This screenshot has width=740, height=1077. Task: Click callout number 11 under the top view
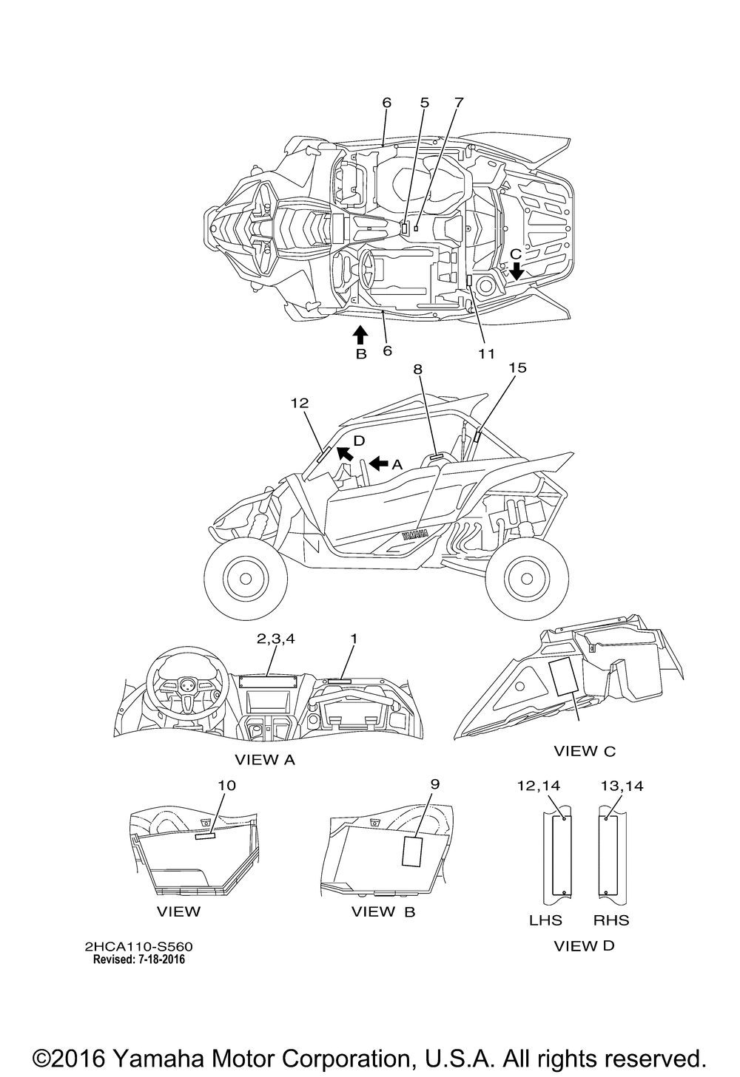coord(485,354)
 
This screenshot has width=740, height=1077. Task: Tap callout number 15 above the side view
coord(517,367)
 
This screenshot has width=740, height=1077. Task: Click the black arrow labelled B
coord(360,336)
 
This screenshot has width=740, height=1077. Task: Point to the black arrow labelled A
coord(378,463)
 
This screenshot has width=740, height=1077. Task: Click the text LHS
coord(545,920)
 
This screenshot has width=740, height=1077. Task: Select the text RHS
coord(611,920)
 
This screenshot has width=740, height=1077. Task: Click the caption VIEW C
coord(585,752)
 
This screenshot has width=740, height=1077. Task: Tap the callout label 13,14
coord(622,786)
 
